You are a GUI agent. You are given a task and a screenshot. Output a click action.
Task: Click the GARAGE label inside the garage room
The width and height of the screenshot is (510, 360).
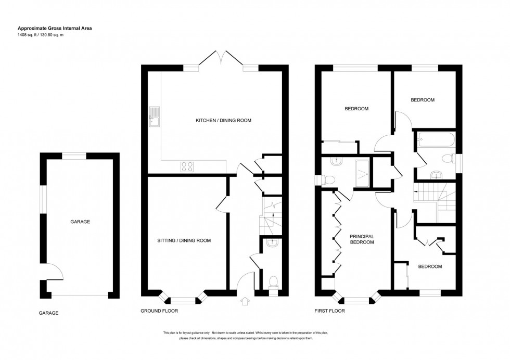[80, 222]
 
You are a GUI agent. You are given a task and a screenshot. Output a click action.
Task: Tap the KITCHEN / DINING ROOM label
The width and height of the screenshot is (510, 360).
[223, 120]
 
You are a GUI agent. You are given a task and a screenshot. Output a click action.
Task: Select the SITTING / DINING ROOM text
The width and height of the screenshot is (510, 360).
[184, 241]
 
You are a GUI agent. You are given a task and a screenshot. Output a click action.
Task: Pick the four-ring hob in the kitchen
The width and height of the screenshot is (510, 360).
[187, 166]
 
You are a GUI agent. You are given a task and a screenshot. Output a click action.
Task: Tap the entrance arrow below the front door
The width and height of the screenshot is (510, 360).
[245, 300]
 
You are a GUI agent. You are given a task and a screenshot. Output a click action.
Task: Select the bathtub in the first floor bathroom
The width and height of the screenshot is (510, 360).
[436, 140]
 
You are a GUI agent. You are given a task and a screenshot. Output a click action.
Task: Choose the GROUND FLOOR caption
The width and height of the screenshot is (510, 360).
[159, 311]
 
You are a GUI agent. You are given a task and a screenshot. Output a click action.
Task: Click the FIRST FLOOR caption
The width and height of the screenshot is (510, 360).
[329, 311]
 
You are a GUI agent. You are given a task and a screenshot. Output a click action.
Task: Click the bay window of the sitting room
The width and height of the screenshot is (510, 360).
[183, 299]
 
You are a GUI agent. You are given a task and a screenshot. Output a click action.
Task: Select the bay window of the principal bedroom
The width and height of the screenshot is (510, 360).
[356, 299]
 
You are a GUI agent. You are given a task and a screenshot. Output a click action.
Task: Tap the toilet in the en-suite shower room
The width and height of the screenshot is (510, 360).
[328, 179]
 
